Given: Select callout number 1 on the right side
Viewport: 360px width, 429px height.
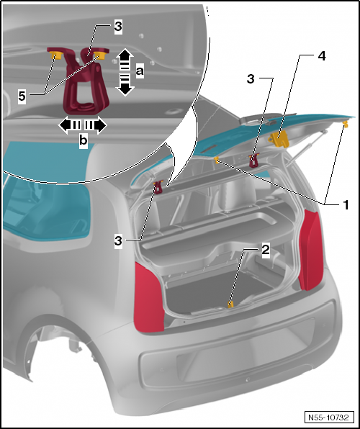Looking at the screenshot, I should pos(346,204).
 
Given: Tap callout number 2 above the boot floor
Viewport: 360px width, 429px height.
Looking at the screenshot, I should pos(266,250).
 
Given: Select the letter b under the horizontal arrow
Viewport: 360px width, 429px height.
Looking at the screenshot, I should pos(83,141).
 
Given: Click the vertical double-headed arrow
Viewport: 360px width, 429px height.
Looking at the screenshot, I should pos(125,72).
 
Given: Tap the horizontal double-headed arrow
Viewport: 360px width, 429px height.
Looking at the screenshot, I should pos(82,125).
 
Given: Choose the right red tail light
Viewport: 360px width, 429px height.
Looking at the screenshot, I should pos(312,250).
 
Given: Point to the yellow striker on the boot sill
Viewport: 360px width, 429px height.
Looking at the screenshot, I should pos(230,305).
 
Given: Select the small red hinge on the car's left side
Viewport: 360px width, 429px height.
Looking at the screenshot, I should pos(158,188).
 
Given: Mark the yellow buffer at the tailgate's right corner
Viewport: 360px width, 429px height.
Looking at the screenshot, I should pos(346,125).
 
